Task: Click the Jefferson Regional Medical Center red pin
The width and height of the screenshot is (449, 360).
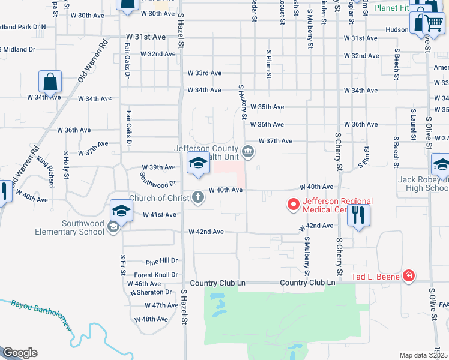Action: (294, 205)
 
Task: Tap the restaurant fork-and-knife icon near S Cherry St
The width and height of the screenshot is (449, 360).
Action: (359, 215)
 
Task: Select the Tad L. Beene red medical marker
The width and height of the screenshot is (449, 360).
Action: (409, 275)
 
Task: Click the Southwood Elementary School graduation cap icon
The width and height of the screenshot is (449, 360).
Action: (121, 211)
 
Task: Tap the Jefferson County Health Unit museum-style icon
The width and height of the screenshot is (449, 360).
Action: (248, 150)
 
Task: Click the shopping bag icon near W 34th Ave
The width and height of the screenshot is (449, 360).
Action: (50, 82)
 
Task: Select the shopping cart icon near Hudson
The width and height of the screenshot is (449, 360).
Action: (433, 24)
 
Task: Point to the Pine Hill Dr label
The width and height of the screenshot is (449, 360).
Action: (162, 262)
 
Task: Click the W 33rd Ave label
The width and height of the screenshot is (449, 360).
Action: (205, 73)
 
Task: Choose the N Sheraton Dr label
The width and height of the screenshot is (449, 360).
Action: (151, 292)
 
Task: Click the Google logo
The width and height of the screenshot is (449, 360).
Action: (20, 353)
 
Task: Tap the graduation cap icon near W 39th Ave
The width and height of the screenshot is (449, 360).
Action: (197, 163)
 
